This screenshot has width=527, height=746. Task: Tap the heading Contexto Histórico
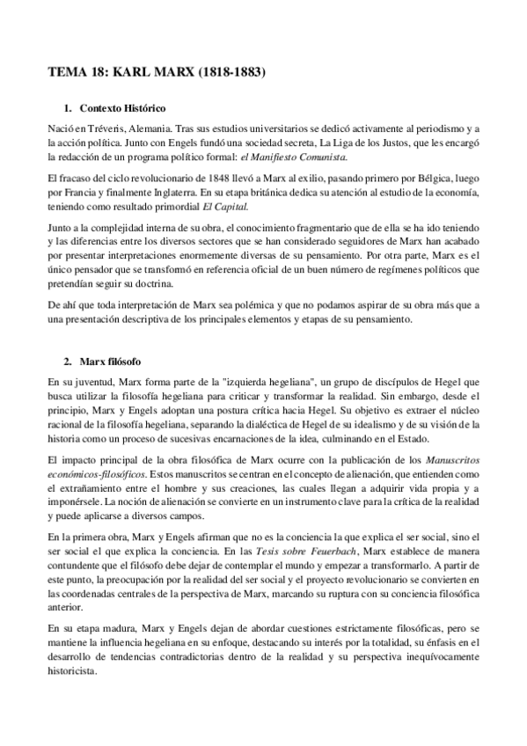click(122, 108)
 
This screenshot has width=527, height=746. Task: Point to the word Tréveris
click(101, 129)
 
